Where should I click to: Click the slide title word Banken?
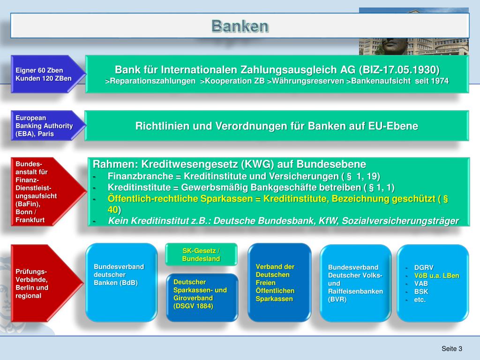click(x=240, y=26)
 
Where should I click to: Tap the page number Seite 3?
click(x=451, y=348)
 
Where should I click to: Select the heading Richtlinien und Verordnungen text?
click(x=277, y=126)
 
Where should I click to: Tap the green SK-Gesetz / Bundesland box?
click(x=201, y=255)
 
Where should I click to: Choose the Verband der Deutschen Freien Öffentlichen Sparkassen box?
click(x=279, y=282)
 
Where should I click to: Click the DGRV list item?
click(x=424, y=268)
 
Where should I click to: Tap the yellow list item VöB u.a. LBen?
click(x=436, y=276)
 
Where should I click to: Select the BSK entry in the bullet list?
click(x=421, y=292)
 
